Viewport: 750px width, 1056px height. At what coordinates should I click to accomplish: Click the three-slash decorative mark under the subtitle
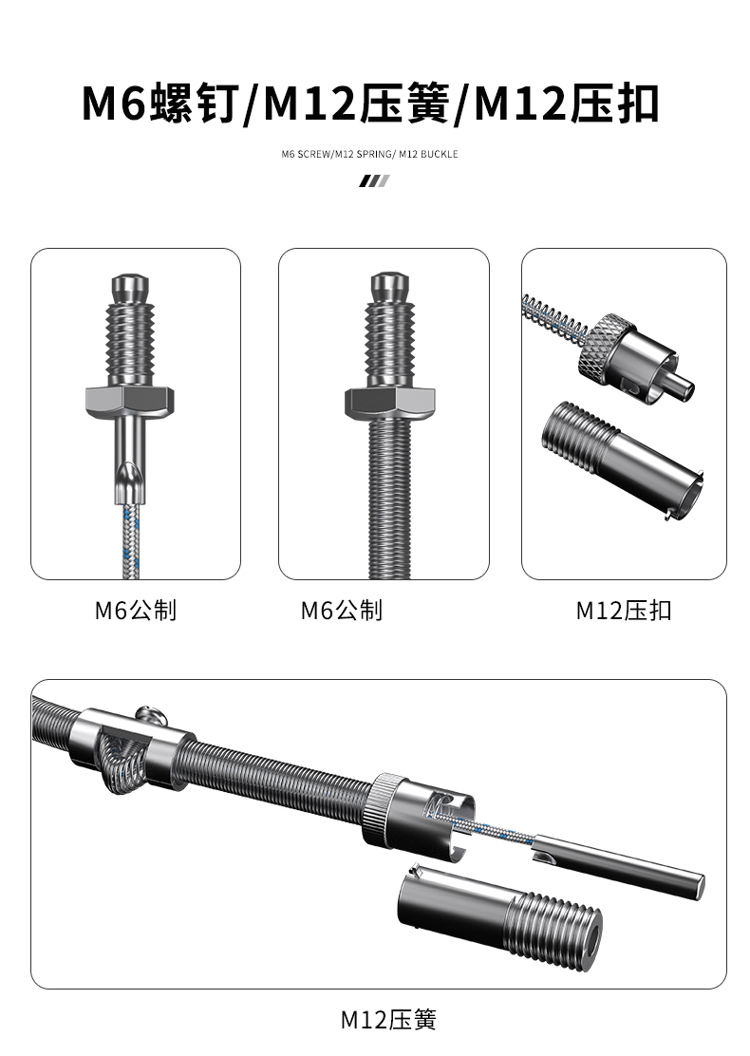[x=374, y=181]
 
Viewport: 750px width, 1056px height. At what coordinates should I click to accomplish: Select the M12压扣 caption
[x=623, y=611]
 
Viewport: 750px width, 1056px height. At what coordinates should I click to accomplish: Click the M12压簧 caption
[x=388, y=1021]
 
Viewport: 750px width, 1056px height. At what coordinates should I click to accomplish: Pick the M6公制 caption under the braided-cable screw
[x=136, y=610]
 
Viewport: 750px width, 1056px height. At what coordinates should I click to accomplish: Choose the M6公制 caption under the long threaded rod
[x=342, y=610]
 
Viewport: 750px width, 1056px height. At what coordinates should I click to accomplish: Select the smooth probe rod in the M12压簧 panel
[x=617, y=859]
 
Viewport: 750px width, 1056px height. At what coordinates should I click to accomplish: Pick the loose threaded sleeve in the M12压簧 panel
[x=498, y=917]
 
